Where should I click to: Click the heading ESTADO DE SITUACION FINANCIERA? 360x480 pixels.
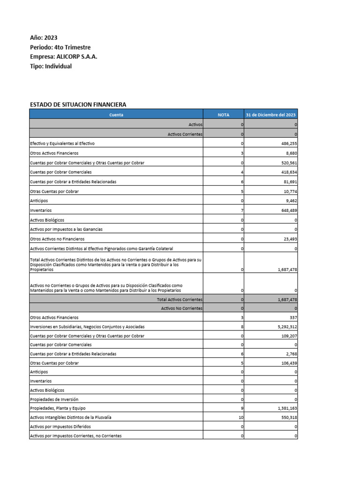pyautogui.click(x=78, y=105)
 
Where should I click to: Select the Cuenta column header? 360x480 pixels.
pyautogui.click(x=116, y=114)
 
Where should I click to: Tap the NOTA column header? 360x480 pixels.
pyautogui.click(x=224, y=114)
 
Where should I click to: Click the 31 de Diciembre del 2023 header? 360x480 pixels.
pyautogui.click(x=271, y=114)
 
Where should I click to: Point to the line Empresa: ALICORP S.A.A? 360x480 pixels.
pyautogui.click(x=64, y=57)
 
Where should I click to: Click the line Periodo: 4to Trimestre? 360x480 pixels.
pyautogui.click(x=60, y=47)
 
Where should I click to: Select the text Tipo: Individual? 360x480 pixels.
pyautogui.click(x=51, y=66)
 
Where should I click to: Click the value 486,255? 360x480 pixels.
pyautogui.click(x=287, y=143)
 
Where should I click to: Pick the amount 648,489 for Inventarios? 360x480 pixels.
pyautogui.click(x=287, y=210)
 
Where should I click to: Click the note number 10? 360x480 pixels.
pyautogui.click(x=241, y=417)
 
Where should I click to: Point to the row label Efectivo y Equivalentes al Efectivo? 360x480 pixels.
pyautogui.click(x=62, y=143)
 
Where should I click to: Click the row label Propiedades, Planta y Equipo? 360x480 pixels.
pyautogui.click(x=58, y=408)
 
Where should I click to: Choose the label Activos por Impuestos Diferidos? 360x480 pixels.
pyautogui.click(x=60, y=427)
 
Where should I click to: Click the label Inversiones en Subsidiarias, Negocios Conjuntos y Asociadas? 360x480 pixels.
pyautogui.click(x=87, y=326)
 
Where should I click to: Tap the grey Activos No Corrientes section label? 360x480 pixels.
pyautogui.click(x=181, y=308)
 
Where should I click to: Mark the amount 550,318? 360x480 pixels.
pyautogui.click(x=287, y=417)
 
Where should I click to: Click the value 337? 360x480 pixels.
pyautogui.click(x=292, y=317)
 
